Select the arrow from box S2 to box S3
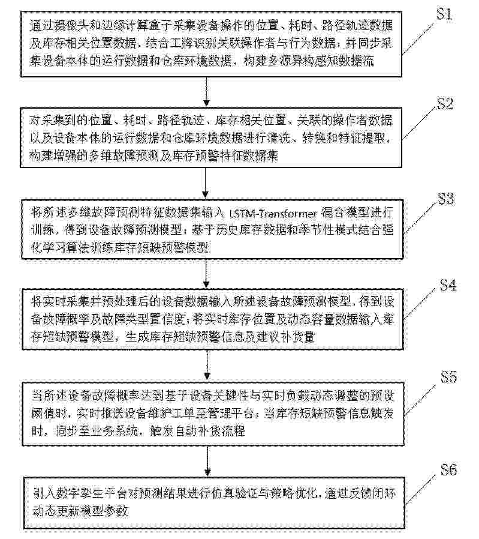[206, 182]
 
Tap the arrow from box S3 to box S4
[206, 273]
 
